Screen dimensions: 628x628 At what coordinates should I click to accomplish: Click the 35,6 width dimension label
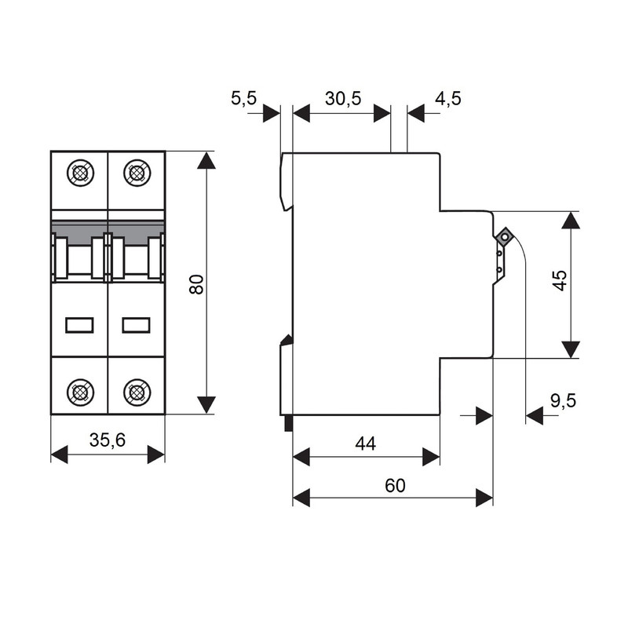(x=108, y=440)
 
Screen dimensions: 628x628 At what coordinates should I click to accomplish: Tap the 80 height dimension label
(x=197, y=284)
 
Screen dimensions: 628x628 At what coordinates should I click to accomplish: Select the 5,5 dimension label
(x=244, y=98)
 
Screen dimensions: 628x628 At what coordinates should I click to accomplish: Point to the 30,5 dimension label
(x=343, y=98)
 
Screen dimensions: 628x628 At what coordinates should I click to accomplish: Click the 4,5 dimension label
(x=448, y=98)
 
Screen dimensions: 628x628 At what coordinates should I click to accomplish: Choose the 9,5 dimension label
(x=563, y=400)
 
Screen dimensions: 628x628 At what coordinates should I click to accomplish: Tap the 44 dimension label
(x=366, y=444)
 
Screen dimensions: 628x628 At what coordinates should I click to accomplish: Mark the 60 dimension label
(x=395, y=485)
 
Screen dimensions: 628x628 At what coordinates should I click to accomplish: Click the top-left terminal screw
(x=81, y=173)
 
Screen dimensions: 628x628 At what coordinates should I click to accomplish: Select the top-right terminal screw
(x=137, y=173)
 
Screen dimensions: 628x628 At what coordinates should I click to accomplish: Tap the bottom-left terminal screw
(x=81, y=392)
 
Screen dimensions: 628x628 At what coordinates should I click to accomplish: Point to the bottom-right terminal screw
(x=137, y=392)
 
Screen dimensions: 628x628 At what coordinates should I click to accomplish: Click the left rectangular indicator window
(x=80, y=325)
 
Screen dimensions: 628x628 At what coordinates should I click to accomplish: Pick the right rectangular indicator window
(x=136, y=325)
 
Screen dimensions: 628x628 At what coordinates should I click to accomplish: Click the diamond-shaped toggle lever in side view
(x=504, y=237)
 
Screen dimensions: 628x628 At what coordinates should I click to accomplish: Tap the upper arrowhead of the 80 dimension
(x=206, y=160)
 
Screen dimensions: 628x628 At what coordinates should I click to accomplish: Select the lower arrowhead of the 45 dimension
(x=571, y=349)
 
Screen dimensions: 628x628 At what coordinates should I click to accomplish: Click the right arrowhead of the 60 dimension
(x=484, y=498)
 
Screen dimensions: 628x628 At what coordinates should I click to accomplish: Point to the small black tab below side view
(x=288, y=423)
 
